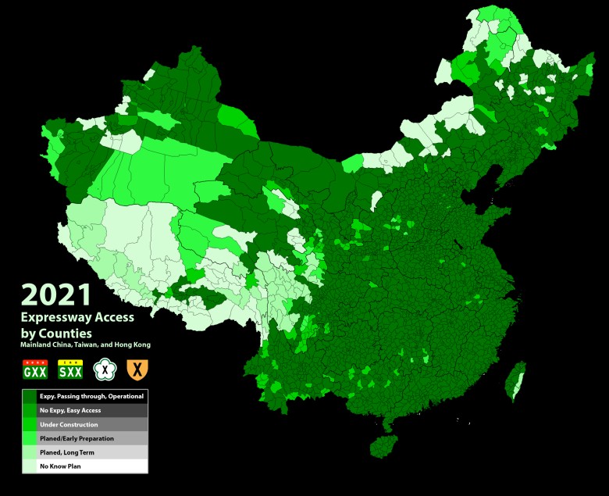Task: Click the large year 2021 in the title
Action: (x=56, y=294)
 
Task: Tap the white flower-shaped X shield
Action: (x=105, y=369)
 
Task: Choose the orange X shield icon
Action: (x=137, y=369)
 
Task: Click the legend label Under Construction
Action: (x=69, y=424)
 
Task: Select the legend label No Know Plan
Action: (x=62, y=466)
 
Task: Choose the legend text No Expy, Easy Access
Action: (x=70, y=410)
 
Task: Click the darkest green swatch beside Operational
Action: (x=29, y=396)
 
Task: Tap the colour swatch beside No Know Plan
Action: (x=29, y=466)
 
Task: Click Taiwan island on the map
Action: (x=515, y=381)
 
